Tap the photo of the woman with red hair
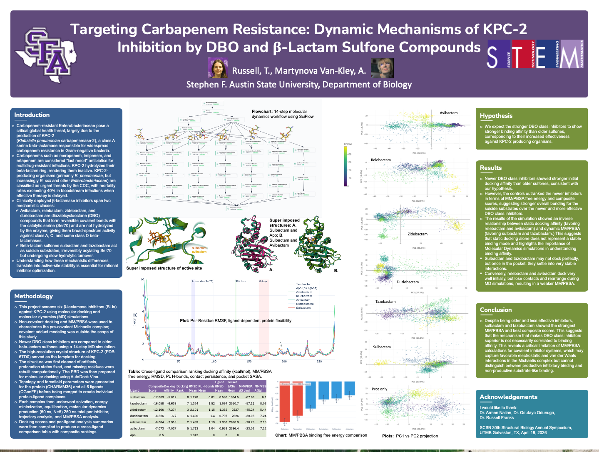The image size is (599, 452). click(217, 68)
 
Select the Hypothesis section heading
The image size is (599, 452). click(496, 116)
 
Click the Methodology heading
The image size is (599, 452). click(33, 296)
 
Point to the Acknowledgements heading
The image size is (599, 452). click(508, 397)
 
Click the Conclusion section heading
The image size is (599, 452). click(495, 310)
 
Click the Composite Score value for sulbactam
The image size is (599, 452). click(159, 397)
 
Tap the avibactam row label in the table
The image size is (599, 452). click(137, 428)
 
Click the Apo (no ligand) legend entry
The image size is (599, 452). click(306, 288)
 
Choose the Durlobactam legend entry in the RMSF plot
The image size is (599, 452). click(305, 304)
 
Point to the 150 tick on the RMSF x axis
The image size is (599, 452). click(249, 361)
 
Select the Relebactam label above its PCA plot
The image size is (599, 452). click(381, 160)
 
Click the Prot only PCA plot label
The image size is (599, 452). click(379, 389)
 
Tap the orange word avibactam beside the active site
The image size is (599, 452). click(199, 252)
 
